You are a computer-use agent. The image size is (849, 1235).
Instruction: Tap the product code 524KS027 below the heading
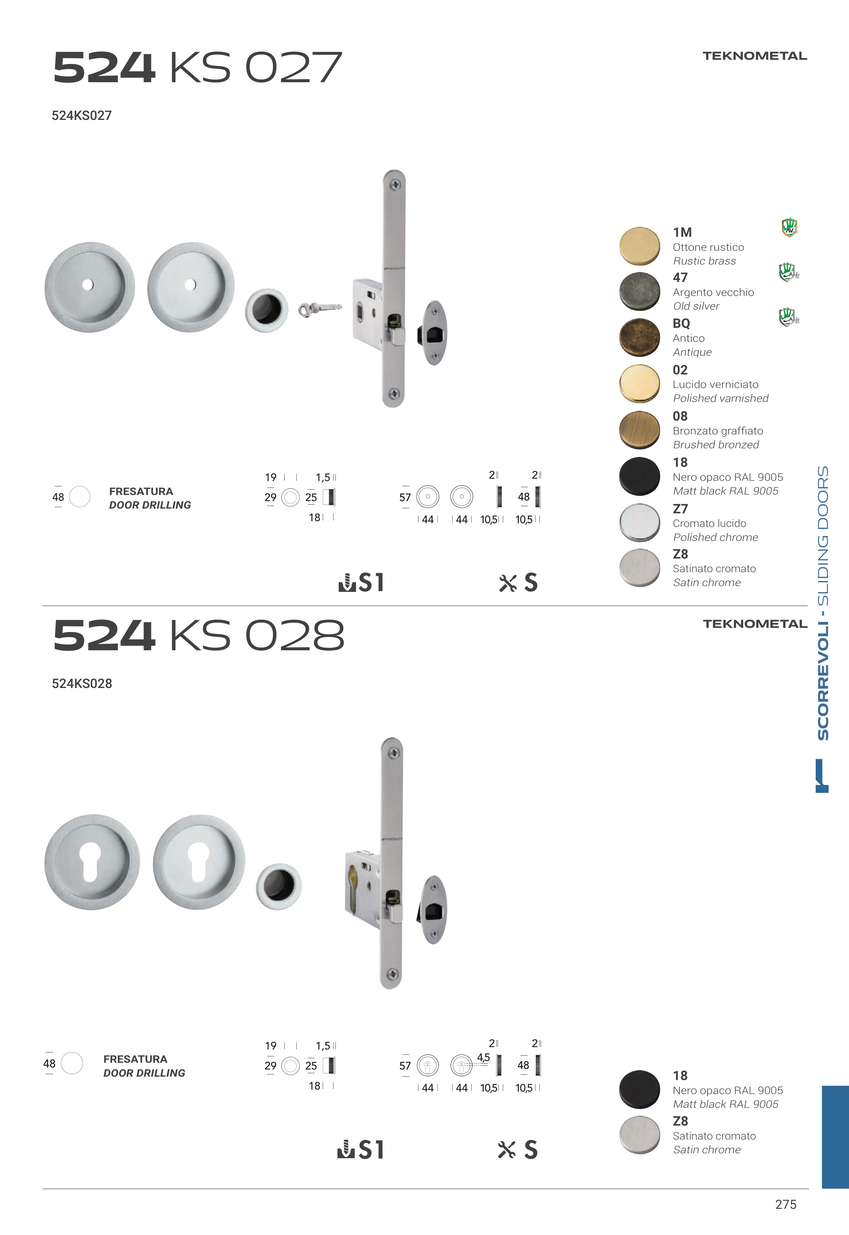coord(82,116)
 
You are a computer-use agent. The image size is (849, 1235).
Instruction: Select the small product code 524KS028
coord(82,684)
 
